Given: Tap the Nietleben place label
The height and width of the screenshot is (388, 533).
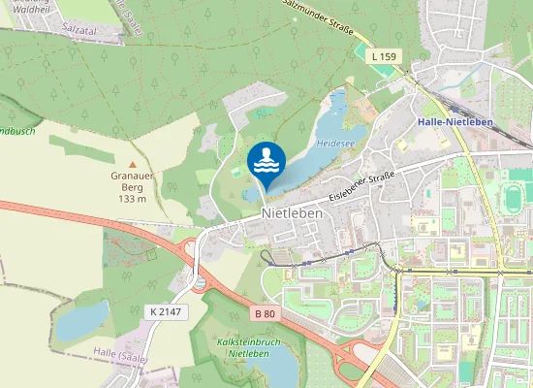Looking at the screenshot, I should tap(292, 213).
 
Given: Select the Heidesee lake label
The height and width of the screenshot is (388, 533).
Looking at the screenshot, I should tap(335, 142).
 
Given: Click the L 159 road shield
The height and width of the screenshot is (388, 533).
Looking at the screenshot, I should tap(384, 57).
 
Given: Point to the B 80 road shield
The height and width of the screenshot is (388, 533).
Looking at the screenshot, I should tap(265, 313).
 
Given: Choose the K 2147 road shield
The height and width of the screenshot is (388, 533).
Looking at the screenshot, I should tap(166, 310).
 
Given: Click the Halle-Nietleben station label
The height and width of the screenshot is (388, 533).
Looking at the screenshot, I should tap(455, 122).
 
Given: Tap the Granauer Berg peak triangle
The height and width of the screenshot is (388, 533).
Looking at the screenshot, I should tap(132, 164).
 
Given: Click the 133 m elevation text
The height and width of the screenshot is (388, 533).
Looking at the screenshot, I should tap(132, 198).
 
